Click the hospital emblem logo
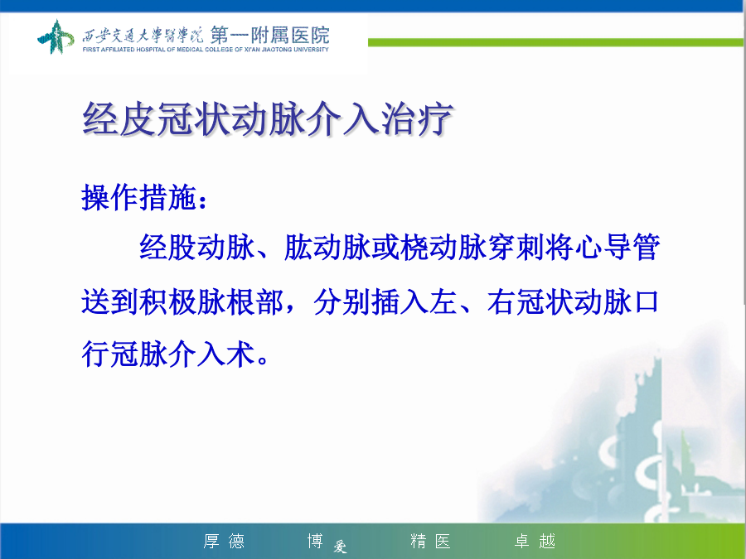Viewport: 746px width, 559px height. click(x=56, y=36)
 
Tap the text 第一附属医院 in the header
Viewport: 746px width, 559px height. click(x=269, y=35)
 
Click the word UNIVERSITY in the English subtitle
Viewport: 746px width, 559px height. click(x=311, y=50)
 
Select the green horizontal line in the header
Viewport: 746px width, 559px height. click(x=555, y=43)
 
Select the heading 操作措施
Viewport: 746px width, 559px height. click(x=139, y=197)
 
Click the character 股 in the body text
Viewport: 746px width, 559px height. click(x=182, y=247)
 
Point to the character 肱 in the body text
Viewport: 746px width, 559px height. click(x=298, y=247)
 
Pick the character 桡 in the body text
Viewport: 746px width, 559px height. click(x=414, y=247)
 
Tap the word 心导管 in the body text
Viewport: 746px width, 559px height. click(x=617, y=247)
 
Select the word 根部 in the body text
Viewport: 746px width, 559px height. click(x=255, y=301)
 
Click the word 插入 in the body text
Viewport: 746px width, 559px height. click(x=400, y=301)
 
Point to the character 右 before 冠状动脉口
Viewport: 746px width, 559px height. click(x=501, y=301)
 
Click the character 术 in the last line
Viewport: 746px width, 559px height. click(x=240, y=354)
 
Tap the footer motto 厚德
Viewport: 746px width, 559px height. click(x=224, y=541)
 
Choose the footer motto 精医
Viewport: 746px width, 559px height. click(x=430, y=541)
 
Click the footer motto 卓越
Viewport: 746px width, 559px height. click(x=535, y=541)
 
